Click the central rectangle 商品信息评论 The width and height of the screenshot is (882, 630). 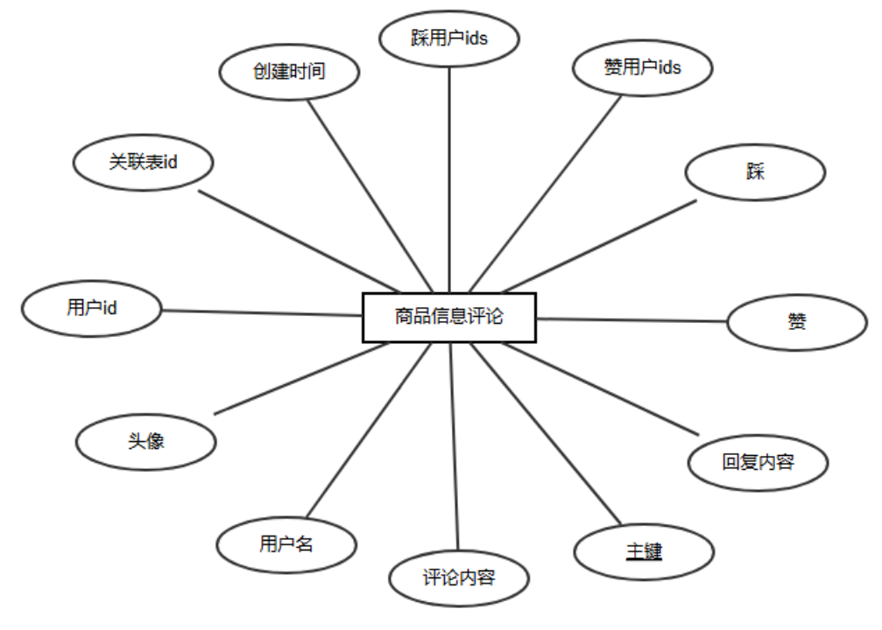tap(448, 316)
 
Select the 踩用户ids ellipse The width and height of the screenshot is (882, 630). tap(449, 38)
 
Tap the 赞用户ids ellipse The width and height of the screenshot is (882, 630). tap(642, 67)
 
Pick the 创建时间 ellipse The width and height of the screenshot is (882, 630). tap(289, 72)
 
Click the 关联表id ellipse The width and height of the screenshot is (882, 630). tap(144, 161)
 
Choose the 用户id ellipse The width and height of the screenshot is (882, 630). tap(91, 307)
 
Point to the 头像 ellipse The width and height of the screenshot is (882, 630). tap(145, 440)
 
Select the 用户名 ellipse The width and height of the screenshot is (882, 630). tap(286, 543)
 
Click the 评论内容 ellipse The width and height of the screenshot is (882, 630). tap(459, 578)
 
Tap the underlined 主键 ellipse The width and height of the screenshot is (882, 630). tap(644, 551)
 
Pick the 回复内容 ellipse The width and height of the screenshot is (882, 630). tap(758, 461)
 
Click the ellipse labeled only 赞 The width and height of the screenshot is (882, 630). tap(797, 321)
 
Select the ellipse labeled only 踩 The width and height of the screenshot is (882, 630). tap(755, 171)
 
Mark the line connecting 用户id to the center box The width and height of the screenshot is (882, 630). tap(263, 312)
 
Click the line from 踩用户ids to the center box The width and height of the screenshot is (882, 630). tap(449, 175)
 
